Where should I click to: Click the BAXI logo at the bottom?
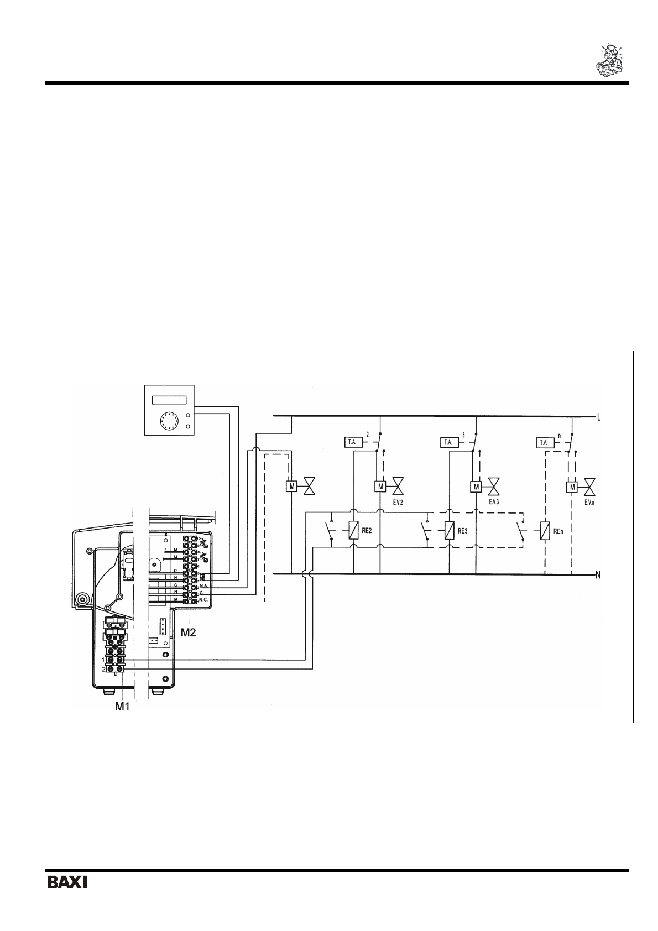tap(67, 881)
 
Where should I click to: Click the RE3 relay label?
tap(463, 530)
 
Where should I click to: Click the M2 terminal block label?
tap(189, 632)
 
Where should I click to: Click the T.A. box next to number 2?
tap(352, 442)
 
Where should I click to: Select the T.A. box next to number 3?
tap(449, 442)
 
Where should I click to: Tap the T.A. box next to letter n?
tap(545, 443)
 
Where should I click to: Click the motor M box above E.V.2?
tap(380, 487)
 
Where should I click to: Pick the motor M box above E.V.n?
tap(572, 487)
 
